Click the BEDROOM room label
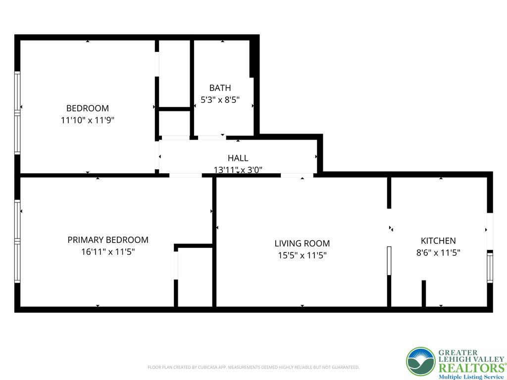87,108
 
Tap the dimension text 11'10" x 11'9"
88,120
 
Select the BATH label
220,88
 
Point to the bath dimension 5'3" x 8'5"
220,100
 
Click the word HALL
238,158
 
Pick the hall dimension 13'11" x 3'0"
238,169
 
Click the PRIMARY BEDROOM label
108,240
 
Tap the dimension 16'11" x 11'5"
108,252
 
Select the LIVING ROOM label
303,243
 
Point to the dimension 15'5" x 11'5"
303,255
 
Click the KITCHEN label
438,241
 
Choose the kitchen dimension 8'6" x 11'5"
438,253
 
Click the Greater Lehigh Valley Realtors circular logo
421,362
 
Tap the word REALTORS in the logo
471,368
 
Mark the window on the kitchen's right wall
490,268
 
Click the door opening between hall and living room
297,176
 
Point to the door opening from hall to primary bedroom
186,176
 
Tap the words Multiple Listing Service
471,377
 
